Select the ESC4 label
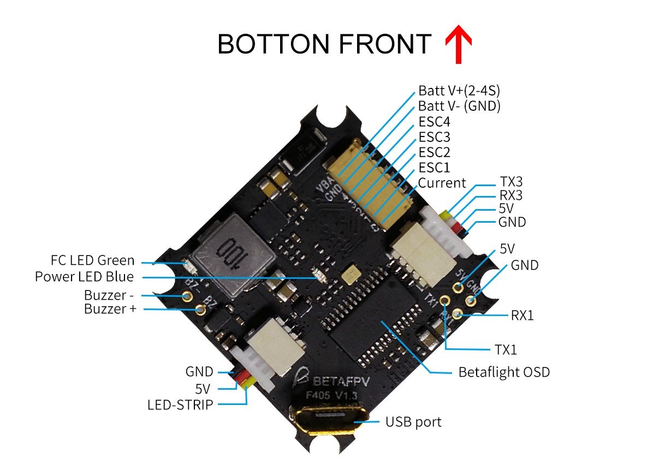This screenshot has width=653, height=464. (x=435, y=121)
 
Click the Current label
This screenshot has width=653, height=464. (x=442, y=182)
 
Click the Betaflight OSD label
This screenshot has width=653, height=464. (x=503, y=372)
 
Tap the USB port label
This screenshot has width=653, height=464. (x=413, y=421)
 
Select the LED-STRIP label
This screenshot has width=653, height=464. (x=180, y=405)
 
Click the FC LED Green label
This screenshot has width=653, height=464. (x=92, y=261)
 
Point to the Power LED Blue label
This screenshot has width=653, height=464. (x=84, y=277)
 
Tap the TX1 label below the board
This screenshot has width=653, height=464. (x=504, y=349)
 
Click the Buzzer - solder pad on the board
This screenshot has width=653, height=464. (x=187, y=296)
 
